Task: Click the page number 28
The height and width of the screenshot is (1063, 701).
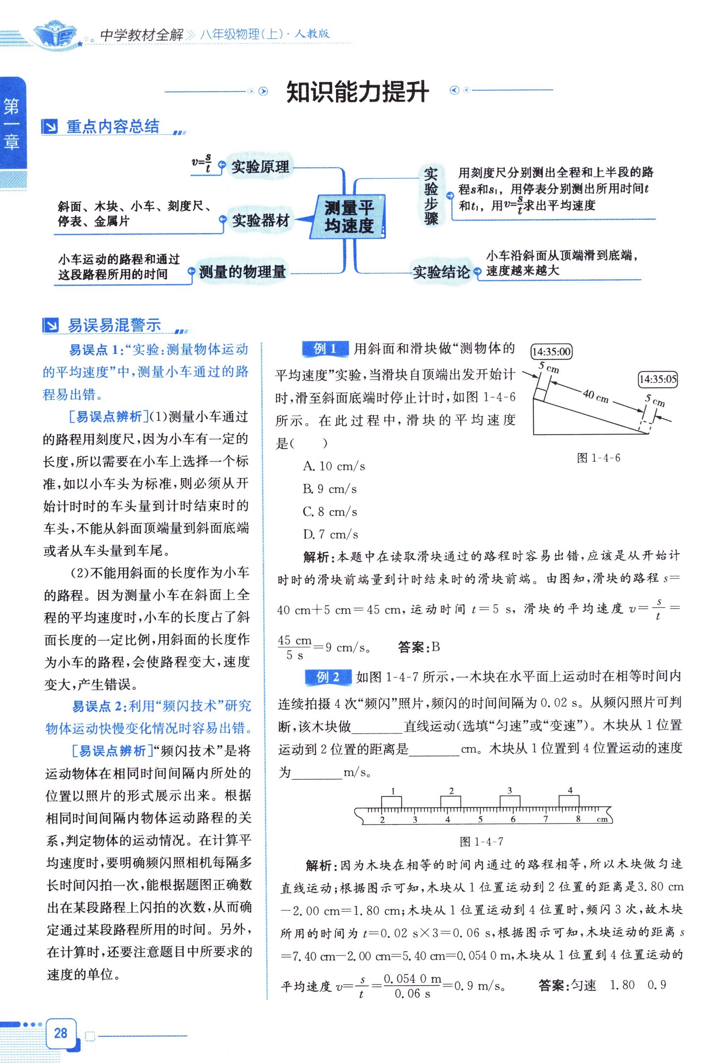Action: [x=60, y=1032]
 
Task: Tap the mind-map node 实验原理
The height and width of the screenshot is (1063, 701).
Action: [x=260, y=167]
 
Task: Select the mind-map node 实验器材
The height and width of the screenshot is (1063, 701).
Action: [x=260, y=220]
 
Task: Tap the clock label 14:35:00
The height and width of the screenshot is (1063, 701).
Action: [x=551, y=351]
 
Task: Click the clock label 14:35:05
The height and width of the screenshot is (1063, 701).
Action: [x=658, y=379]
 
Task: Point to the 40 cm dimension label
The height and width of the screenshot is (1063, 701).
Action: [x=595, y=395]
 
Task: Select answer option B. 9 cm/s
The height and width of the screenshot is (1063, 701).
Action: [x=330, y=489]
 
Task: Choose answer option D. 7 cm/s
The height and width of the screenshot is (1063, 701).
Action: [x=330, y=534]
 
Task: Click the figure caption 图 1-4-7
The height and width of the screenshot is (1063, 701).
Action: [x=482, y=841]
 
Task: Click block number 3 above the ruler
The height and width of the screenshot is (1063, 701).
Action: [x=510, y=790]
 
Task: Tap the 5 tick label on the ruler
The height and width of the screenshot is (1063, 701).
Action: [x=480, y=819]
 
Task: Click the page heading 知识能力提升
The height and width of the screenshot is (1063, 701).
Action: [x=357, y=92]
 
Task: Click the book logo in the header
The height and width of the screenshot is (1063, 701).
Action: [x=56, y=34]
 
